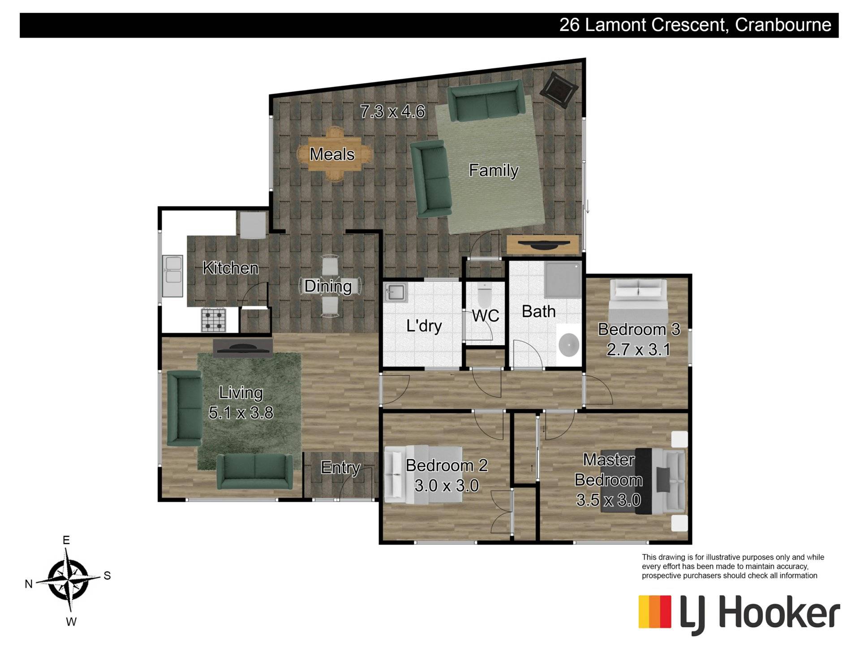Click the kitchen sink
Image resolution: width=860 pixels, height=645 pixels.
pos(172,275)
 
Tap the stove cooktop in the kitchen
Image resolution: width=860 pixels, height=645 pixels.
pos(213,320)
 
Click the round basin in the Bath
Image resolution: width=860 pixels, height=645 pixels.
pos(568,345)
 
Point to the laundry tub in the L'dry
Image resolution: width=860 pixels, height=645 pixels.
pos(396,293)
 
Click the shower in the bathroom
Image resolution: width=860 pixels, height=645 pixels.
pos(563,280)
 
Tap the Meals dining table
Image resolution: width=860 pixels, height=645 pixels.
pos(334,154)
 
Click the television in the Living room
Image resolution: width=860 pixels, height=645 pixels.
pos(243,348)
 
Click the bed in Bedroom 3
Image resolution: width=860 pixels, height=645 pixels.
pos(638,307)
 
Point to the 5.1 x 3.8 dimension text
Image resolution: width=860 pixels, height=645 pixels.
pos(241,413)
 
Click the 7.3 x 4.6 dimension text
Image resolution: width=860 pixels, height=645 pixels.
pos(392,111)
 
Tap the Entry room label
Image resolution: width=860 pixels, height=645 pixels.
pos(340,468)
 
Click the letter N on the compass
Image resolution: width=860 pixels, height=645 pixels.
pos(29,584)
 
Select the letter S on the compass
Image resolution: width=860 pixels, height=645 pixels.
pos(107,576)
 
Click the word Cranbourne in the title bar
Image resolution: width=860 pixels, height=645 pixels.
pos(783,25)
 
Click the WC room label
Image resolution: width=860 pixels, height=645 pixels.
pos(486,316)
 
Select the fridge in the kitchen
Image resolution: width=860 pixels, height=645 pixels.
pos(253,225)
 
